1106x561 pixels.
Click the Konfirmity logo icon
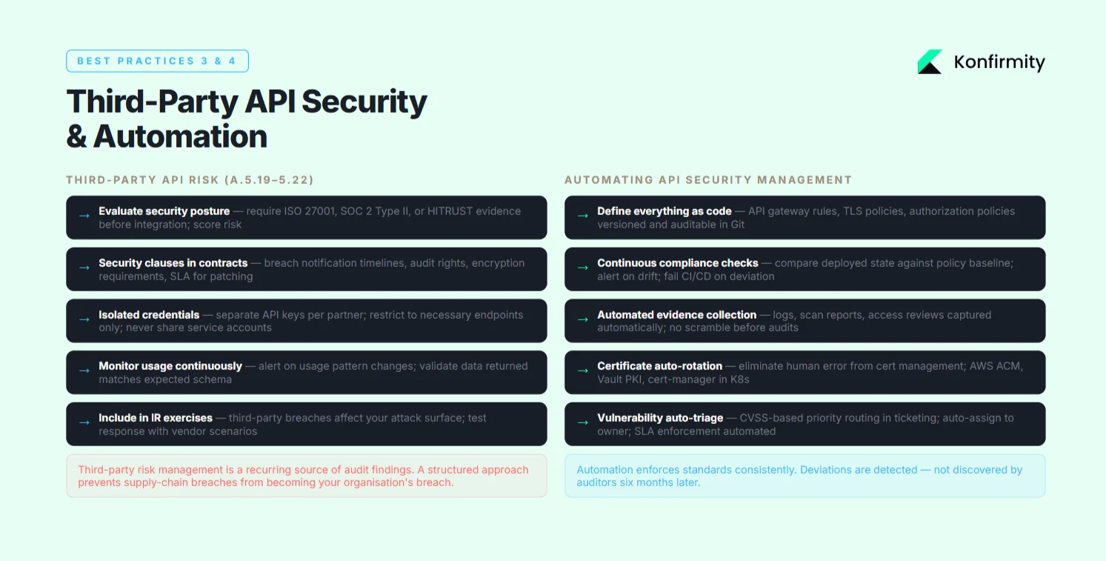(x=930, y=62)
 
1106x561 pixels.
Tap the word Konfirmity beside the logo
(x=999, y=62)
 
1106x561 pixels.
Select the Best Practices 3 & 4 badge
(x=157, y=61)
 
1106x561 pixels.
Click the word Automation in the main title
(x=180, y=136)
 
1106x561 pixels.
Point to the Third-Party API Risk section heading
(x=189, y=180)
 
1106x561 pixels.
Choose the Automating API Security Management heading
(x=707, y=180)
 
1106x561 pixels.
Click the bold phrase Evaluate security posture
(x=164, y=211)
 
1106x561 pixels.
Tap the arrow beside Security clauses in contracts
(x=84, y=269)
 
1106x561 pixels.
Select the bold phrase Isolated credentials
(x=149, y=315)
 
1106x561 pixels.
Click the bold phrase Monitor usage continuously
(x=170, y=366)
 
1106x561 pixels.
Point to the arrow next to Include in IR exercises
(x=84, y=424)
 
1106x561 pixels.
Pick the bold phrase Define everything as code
(x=664, y=211)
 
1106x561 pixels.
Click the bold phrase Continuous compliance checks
(x=677, y=263)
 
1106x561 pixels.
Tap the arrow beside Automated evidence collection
(x=582, y=321)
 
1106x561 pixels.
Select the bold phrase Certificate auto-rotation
(x=659, y=366)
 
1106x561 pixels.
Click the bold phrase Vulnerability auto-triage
(x=660, y=418)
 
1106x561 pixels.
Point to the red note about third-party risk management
(x=306, y=476)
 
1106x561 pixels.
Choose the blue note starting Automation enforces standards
(x=804, y=476)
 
